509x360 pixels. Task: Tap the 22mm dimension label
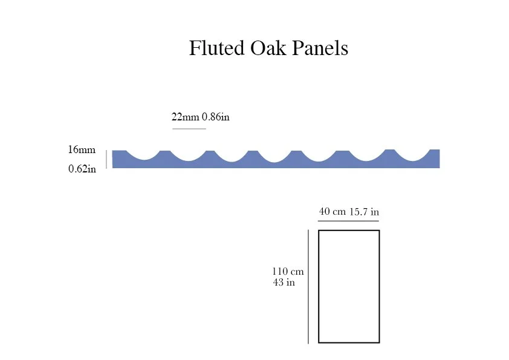point(186,117)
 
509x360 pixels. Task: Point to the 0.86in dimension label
point(216,117)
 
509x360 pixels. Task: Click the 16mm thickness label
point(82,149)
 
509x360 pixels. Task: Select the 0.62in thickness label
point(82,169)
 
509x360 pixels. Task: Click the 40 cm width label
point(332,212)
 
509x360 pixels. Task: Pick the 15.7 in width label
point(365,212)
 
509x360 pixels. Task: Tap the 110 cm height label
point(288,272)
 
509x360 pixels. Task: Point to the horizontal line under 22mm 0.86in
point(189,129)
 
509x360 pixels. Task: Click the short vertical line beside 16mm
point(106,159)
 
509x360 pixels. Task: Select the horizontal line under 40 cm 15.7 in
point(349,221)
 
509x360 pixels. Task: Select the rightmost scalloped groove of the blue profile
point(412,155)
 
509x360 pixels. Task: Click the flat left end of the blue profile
point(118,159)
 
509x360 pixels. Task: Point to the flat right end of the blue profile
point(435,159)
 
